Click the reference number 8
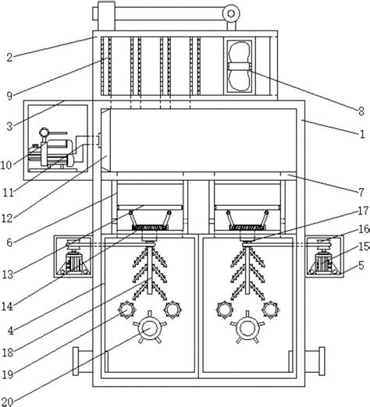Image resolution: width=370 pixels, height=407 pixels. pyautogui.click(x=361, y=111)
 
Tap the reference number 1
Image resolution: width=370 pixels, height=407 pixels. pyautogui.click(x=362, y=134)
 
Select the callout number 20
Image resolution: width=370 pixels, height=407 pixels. pyautogui.click(x=7, y=402)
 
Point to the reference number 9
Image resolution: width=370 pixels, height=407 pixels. pyautogui.click(x=9, y=96)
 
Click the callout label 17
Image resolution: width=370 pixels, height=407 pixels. pyautogui.click(x=364, y=211)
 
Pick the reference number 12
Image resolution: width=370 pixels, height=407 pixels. pyautogui.click(x=7, y=218)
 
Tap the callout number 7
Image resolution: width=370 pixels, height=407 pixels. pyautogui.click(x=361, y=193)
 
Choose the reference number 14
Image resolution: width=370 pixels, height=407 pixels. pyautogui.click(x=7, y=306)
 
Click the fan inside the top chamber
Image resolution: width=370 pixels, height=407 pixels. pyautogui.click(x=240, y=66)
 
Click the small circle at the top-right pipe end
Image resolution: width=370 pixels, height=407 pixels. pyautogui.click(x=231, y=13)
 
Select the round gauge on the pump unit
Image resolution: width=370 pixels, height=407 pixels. pyautogui.click(x=44, y=132)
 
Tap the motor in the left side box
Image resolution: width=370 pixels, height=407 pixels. pyautogui.click(x=74, y=262)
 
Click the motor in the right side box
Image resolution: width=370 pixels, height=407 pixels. pyautogui.click(x=323, y=262)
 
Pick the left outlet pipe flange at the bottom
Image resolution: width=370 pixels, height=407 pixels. pyautogui.click(x=76, y=361)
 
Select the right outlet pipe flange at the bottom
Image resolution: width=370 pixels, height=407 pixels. pyautogui.click(x=322, y=361)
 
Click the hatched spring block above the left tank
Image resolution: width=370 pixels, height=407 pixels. pyautogui.click(x=150, y=228)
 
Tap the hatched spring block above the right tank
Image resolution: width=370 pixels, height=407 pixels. pyautogui.click(x=247, y=228)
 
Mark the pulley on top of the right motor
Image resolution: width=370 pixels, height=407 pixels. pyautogui.click(x=322, y=243)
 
